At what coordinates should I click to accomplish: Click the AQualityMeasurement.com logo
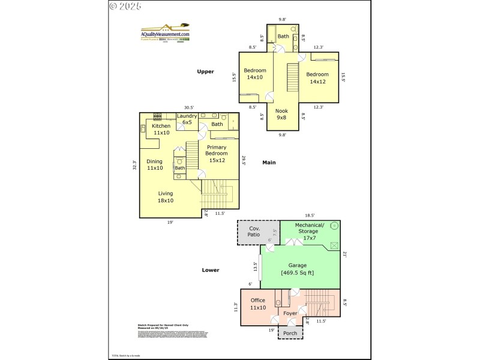point(165,32)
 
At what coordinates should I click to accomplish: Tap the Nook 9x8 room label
point(281,114)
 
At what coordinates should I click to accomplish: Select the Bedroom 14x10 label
point(254,74)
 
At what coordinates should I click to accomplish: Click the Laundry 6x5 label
point(187,119)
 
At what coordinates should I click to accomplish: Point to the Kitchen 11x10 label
point(161,129)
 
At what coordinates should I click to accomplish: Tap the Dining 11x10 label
point(155,164)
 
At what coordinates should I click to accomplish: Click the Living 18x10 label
point(166,197)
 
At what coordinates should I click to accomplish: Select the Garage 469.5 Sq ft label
point(298,269)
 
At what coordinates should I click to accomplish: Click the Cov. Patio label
point(254,232)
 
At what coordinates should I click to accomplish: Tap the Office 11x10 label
point(258,304)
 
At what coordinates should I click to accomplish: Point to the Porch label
point(290,334)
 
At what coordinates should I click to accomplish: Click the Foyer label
point(290,313)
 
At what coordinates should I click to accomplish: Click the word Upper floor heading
point(206,71)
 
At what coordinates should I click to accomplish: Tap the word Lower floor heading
point(211,270)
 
